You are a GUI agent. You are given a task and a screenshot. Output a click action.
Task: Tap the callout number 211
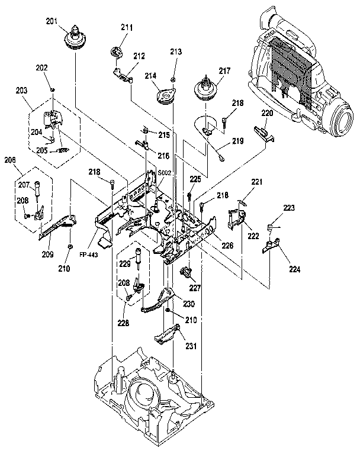(x=127, y=27)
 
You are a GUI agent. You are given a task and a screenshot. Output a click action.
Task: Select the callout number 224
(x=294, y=269)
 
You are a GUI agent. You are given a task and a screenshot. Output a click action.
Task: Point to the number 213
(x=175, y=52)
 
